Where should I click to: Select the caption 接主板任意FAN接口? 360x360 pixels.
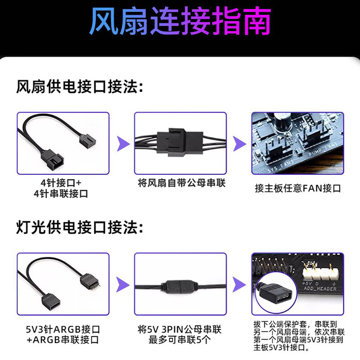click(297, 188)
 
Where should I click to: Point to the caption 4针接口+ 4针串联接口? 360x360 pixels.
click(63, 188)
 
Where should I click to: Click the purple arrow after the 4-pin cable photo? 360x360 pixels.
click(121, 144)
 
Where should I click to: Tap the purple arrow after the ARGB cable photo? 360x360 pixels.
click(121, 284)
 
